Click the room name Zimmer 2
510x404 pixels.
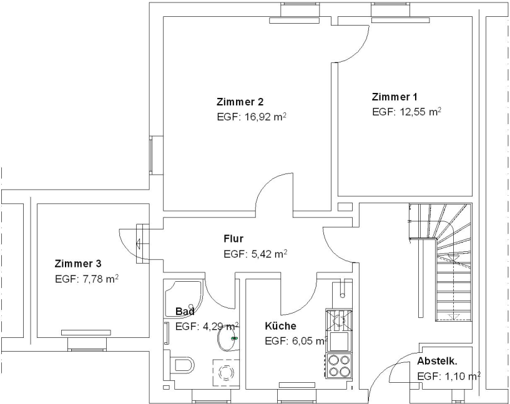tap(240, 102)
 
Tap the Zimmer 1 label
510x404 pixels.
tap(395, 97)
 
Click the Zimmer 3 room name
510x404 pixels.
tap(78, 263)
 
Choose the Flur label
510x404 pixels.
tap(233, 238)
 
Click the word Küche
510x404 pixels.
tap(280, 325)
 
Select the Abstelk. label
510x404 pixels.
tap(437, 361)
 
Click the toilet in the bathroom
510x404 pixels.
tap(182, 363)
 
